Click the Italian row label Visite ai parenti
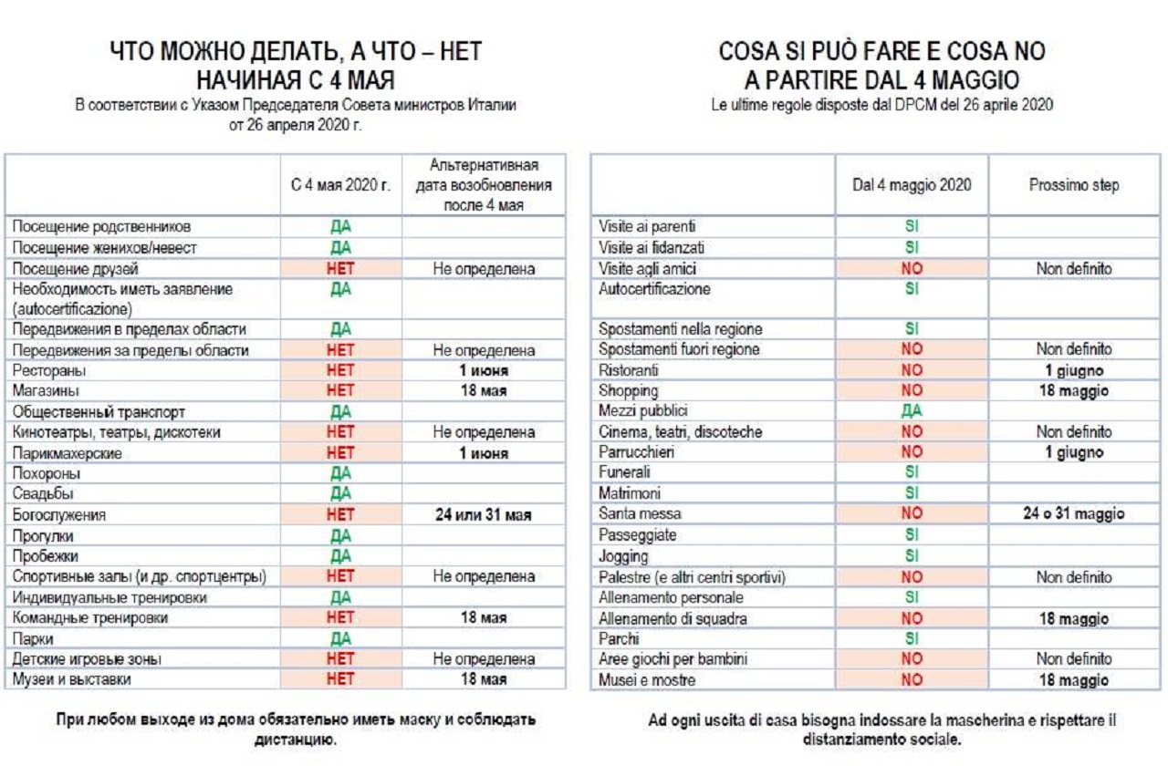pos(647,226)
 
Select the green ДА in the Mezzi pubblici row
pos(912,410)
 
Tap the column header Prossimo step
pos(1074,185)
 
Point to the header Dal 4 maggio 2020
pos(912,185)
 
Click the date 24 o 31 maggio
pos(1074,514)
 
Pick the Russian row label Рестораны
pos(49,370)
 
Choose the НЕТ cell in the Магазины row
pos(340,390)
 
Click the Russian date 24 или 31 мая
pos(484,515)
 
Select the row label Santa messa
pos(640,514)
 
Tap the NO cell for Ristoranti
pos(912,370)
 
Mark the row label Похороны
pos(47,473)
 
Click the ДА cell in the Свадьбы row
pos(340,493)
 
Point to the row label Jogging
pos(623,556)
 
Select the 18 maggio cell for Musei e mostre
pos(1074,680)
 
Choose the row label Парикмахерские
pos(68,453)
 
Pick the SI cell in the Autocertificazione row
pos(912,289)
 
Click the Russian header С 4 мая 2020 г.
pos(340,185)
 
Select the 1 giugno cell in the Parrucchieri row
pos(1074,452)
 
